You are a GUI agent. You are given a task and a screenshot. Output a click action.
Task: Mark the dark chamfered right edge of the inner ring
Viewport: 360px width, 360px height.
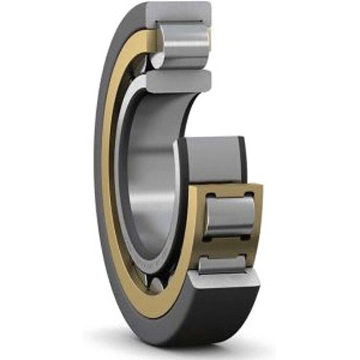coord(243,160)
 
